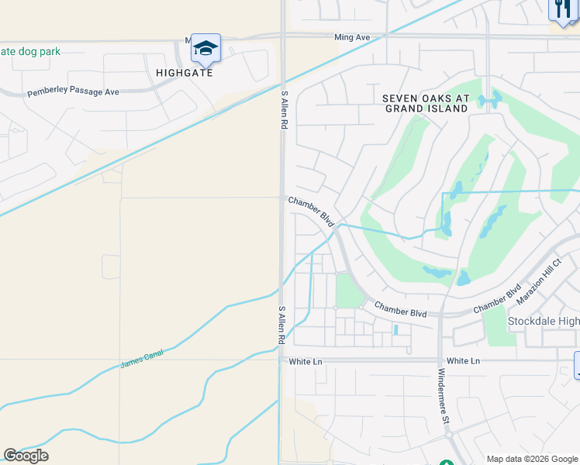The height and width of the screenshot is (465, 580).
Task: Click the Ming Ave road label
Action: click(353, 36)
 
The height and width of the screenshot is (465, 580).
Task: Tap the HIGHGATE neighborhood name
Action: click(184, 73)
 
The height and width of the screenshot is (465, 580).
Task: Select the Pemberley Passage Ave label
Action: click(74, 92)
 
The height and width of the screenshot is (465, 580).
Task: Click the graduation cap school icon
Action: click(205, 49)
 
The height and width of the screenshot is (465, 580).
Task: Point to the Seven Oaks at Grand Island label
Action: click(426, 103)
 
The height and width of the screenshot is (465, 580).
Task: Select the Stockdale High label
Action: click(544, 321)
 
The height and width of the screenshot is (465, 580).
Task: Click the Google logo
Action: click(26, 456)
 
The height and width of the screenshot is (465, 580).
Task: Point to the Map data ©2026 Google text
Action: click(533, 459)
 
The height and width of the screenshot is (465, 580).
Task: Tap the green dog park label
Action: click(29, 52)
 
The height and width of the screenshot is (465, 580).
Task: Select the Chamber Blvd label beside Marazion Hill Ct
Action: click(499, 302)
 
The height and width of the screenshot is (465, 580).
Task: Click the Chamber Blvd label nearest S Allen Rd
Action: click(311, 211)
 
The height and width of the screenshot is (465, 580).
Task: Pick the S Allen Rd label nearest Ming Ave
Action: click(285, 108)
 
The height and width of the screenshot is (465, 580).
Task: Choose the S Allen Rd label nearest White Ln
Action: click(282, 325)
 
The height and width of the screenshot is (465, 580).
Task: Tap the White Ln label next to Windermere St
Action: click(464, 361)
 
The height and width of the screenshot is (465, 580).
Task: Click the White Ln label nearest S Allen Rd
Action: click(305, 361)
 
